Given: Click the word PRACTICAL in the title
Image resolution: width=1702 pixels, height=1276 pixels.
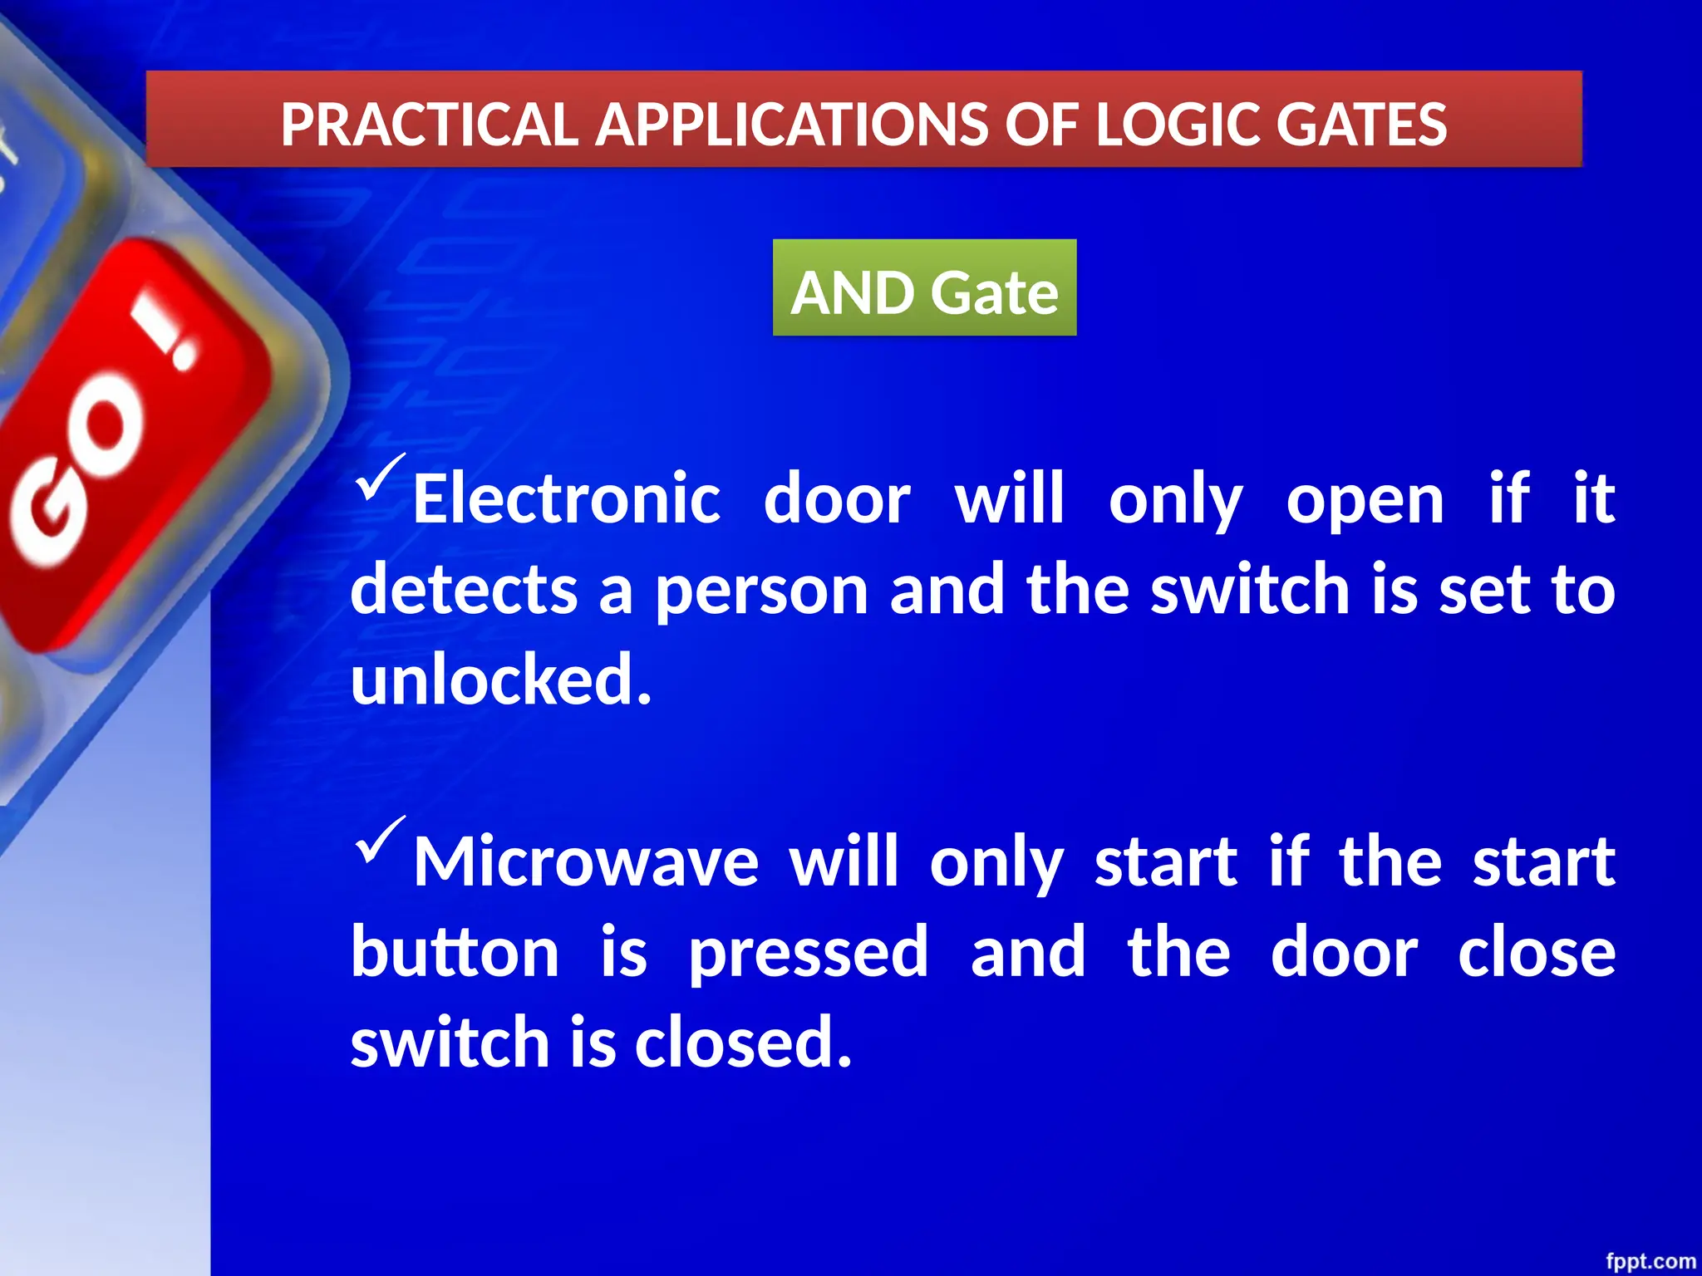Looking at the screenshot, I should coord(429,125).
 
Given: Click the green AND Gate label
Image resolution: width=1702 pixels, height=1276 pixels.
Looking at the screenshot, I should coord(924,292).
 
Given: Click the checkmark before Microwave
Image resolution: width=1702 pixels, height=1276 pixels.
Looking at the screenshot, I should coord(381,839).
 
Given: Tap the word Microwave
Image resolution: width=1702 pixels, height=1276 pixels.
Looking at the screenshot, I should coord(586,861).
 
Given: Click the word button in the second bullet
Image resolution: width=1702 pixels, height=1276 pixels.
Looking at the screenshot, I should coord(455,952).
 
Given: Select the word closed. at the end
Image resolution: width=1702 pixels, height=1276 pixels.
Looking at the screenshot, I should coord(743,1042).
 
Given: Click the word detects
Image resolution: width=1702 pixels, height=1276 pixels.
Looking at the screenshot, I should coord(464,590).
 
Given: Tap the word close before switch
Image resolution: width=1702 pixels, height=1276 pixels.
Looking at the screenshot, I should coord(1536,952).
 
